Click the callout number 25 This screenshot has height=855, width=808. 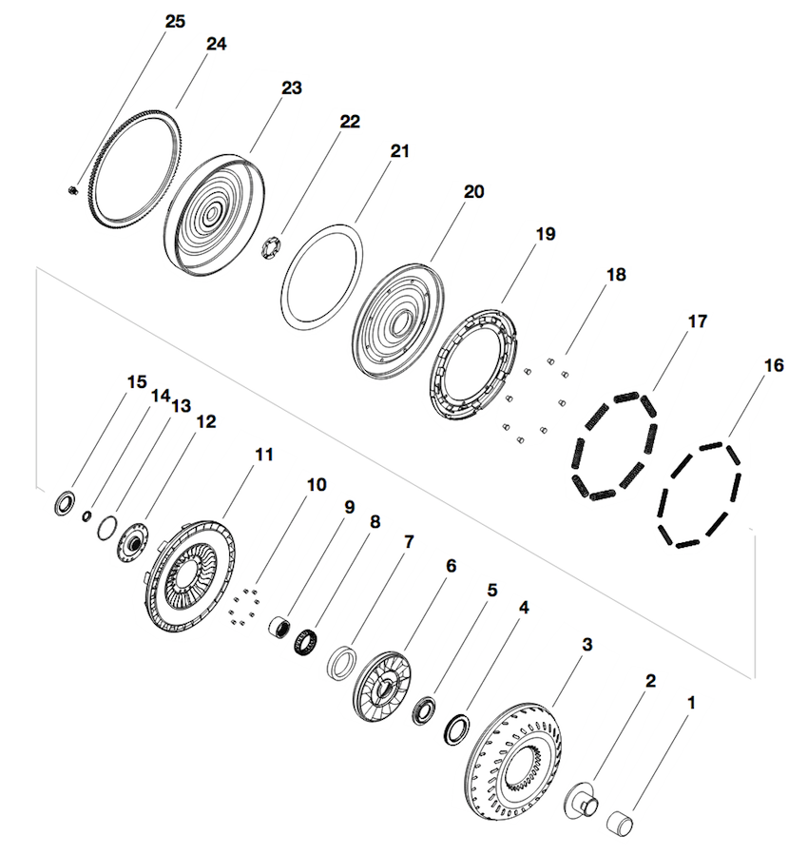(x=175, y=21)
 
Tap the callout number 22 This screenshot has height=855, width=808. (x=349, y=122)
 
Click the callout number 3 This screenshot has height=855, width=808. (x=587, y=645)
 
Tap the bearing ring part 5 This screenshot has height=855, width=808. (x=424, y=709)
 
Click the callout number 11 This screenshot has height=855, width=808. (x=263, y=456)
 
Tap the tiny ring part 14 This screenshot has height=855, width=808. (x=87, y=516)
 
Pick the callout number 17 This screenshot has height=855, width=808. (x=697, y=322)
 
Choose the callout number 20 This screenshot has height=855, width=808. (x=472, y=192)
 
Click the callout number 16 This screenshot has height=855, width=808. (x=773, y=365)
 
